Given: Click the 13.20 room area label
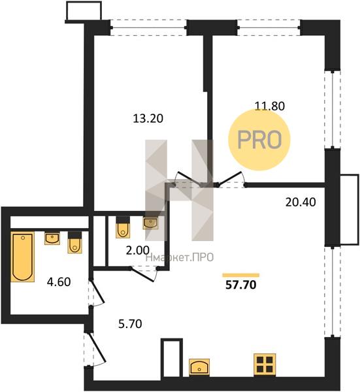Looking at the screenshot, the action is click(148, 118).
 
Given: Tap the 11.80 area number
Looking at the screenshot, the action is click(269, 106).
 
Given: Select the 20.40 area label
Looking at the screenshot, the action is click(301, 203).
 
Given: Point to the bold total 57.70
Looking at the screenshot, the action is click(240, 285).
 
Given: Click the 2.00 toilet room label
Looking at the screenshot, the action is click(138, 250).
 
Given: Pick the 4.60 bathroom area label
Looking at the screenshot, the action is click(59, 282).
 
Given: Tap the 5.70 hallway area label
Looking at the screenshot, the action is click(130, 324).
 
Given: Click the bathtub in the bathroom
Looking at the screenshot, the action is click(22, 257).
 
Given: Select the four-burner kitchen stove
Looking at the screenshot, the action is click(265, 365).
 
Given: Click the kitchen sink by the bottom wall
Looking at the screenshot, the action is click(199, 367).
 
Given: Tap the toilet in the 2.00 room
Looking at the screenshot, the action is click(123, 227).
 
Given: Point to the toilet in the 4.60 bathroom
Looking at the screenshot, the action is click(74, 243).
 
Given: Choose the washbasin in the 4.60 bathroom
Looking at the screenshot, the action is click(52, 238).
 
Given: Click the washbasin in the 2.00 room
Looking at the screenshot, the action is click(150, 223).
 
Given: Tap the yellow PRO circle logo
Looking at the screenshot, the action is click(259, 140).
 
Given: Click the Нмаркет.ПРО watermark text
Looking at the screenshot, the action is click(180, 257).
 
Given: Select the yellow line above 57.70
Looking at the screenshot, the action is click(240, 275).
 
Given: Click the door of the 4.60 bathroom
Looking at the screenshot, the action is click(97, 293).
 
